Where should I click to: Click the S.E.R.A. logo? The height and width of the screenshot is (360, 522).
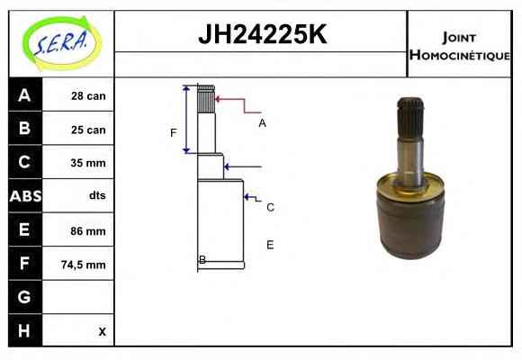pyautogui.click(x=62, y=43)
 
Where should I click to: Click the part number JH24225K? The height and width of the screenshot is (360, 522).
pyautogui.click(x=263, y=34)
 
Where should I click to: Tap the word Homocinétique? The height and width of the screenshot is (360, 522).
pyautogui.click(x=460, y=55)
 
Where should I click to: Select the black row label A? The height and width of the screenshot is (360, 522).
pyautogui.click(x=25, y=95)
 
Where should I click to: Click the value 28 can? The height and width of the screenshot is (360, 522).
pyautogui.click(x=88, y=96)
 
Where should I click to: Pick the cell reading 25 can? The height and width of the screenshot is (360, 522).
pyautogui.click(x=88, y=130)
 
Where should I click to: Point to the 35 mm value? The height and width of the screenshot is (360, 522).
pyautogui.click(x=88, y=163)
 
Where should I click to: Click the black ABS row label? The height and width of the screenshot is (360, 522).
pyautogui.click(x=25, y=196)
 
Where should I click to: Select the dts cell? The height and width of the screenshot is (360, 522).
pyautogui.click(x=97, y=195)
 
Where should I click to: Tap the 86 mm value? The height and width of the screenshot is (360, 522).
pyautogui.click(x=88, y=231)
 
